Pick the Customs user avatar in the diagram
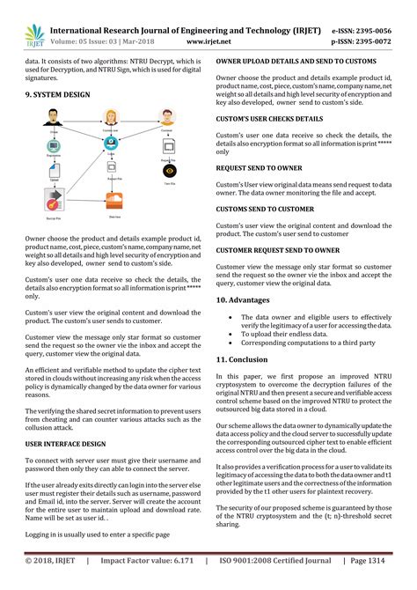point(111,116)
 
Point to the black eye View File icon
point(169,170)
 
